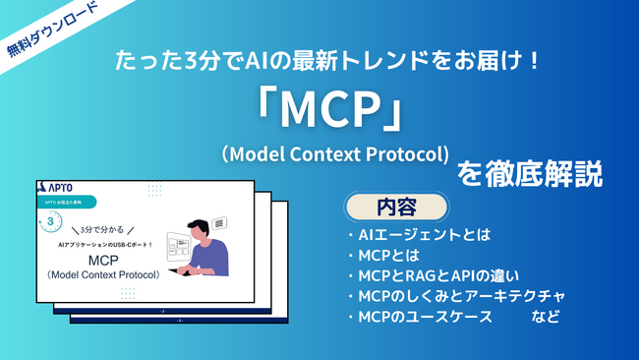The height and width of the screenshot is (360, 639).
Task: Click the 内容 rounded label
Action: click(396, 208)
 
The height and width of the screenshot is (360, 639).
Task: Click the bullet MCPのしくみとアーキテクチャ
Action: click(455, 297)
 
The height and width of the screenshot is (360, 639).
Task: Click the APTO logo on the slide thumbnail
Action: click(60, 186)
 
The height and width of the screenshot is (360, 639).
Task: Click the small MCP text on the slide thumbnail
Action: click(102, 260)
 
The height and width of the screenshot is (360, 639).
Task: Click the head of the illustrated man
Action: click(199, 225)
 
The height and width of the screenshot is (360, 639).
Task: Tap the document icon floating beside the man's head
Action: click(220, 224)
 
